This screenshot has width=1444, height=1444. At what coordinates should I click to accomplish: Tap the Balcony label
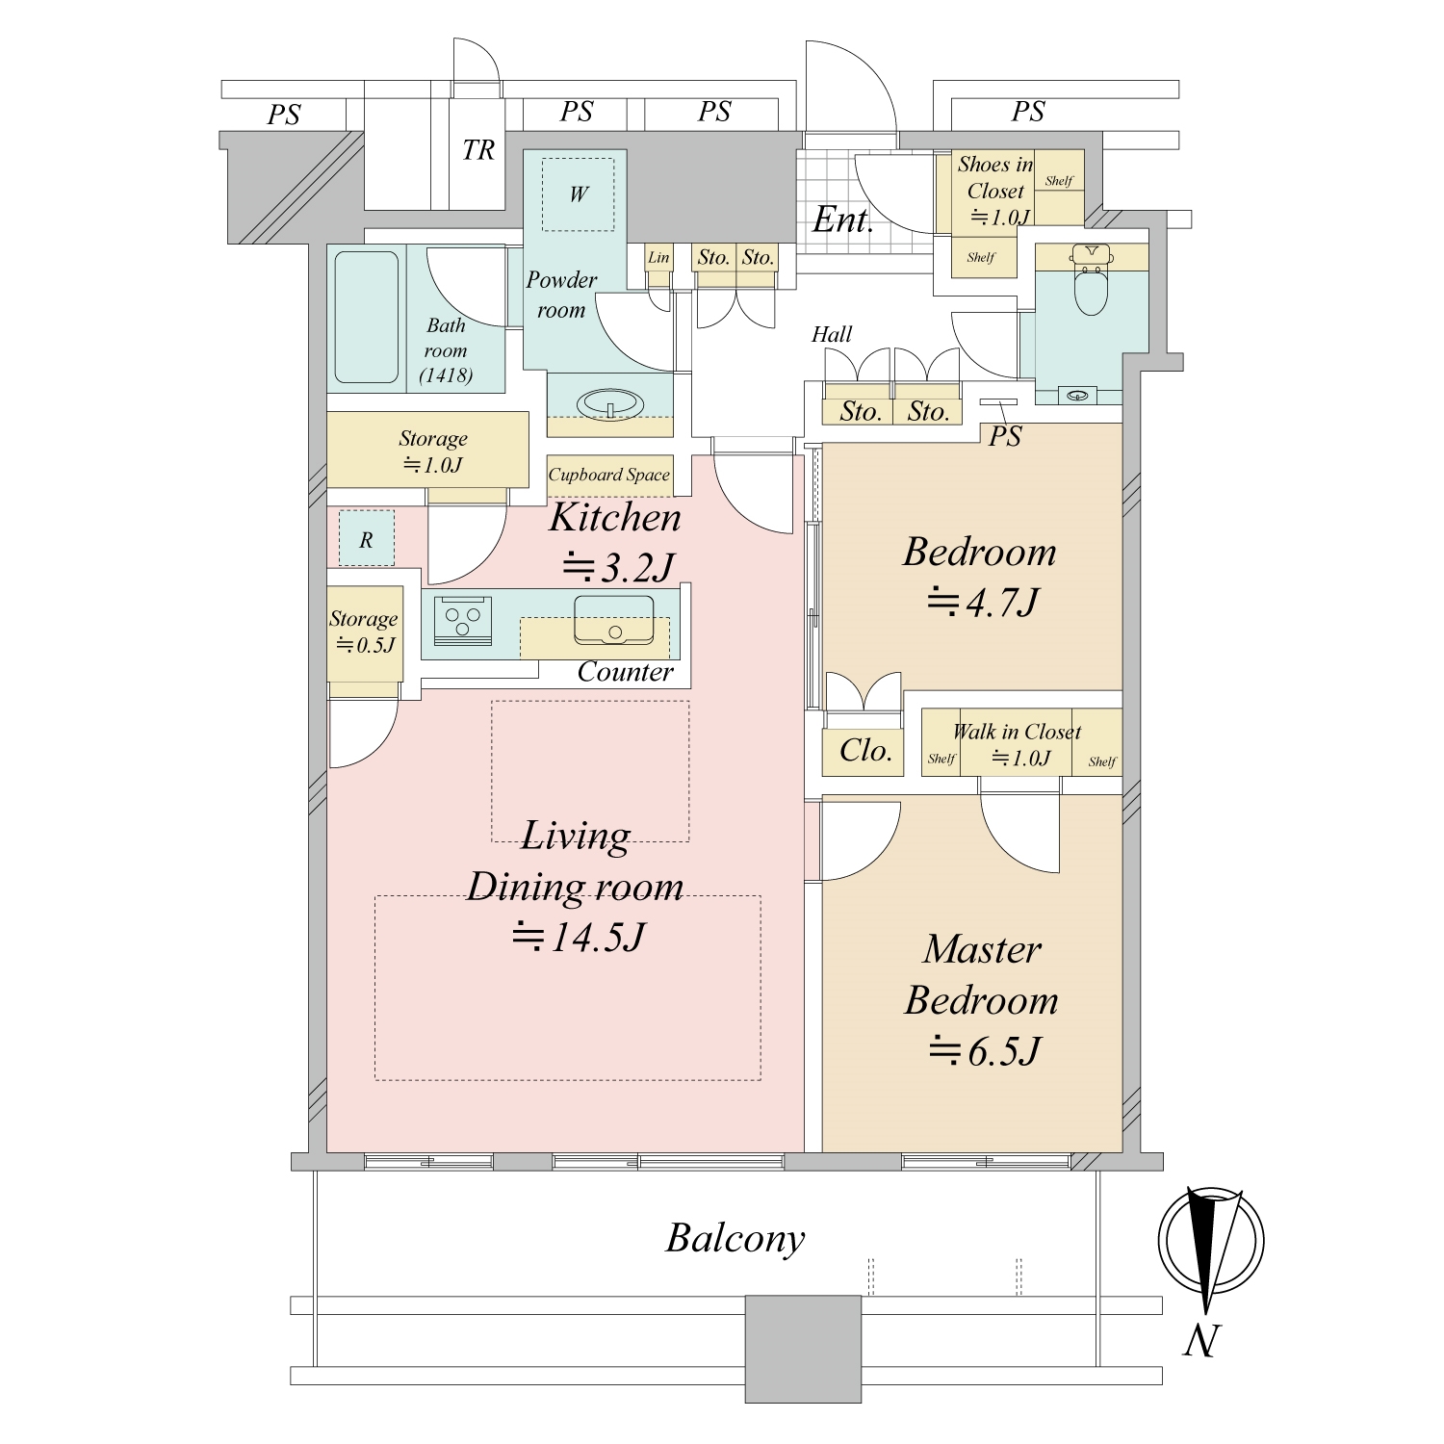735,1239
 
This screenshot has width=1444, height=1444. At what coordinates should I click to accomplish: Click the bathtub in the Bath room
366,318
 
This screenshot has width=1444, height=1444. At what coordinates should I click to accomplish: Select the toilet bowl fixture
1091,281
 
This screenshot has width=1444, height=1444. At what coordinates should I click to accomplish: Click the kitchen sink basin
613,619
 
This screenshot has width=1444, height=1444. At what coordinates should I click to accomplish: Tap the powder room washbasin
610,403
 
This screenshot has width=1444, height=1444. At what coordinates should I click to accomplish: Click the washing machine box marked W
578,194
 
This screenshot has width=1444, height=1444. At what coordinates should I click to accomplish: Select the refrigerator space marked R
366,539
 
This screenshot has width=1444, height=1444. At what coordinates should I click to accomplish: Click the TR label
478,150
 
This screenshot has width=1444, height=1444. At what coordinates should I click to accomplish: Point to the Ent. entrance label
843,220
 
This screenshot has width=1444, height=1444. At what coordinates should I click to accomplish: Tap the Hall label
832,334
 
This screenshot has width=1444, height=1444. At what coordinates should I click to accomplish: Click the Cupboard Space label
608,475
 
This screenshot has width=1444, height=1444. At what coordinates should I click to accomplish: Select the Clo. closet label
865,751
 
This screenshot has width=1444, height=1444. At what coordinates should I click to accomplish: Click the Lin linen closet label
658,257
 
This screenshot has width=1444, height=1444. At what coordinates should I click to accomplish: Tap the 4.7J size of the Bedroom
982,603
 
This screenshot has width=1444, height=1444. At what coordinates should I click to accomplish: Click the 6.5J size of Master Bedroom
984,1051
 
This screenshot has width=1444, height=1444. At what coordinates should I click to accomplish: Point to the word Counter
626,672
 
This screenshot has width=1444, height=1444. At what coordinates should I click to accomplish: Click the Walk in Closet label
1018,732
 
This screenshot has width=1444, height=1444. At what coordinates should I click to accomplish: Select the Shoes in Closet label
995,178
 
